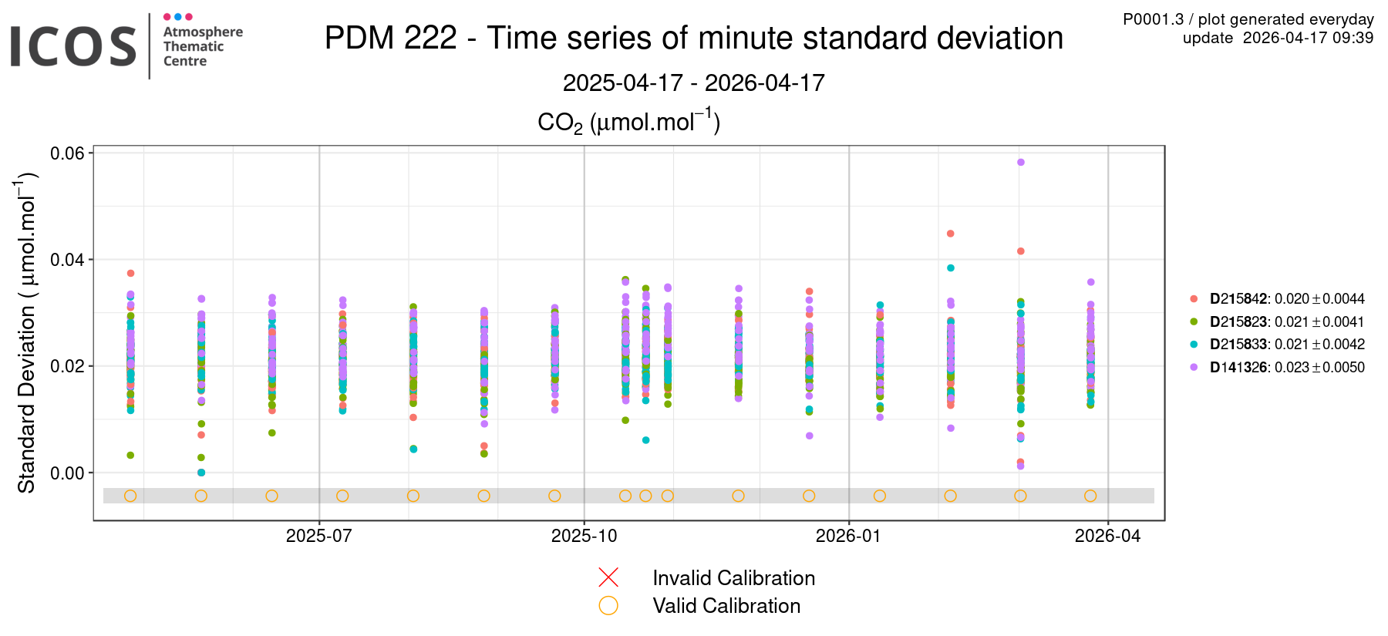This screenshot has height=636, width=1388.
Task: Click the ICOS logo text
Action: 73,46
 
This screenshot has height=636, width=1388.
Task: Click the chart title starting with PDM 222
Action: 693,38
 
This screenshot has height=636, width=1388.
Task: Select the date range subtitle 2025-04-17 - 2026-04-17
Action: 693,82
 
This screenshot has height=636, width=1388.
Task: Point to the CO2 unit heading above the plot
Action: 628,122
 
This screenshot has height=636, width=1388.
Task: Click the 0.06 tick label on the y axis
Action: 67,153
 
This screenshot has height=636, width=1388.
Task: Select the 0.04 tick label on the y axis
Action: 67,260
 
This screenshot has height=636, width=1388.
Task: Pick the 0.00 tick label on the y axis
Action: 67,473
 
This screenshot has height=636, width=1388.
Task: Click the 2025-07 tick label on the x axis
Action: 318,537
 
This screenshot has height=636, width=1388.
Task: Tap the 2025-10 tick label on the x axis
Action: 584,537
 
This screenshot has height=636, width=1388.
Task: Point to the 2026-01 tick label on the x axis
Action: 848,537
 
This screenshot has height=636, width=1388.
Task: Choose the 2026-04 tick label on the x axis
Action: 1107,537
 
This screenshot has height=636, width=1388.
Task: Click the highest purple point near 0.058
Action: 1020,163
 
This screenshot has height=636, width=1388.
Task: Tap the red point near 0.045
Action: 951,234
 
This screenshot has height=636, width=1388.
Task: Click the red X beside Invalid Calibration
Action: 608,577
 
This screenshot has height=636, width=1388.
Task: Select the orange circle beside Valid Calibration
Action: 608,606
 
